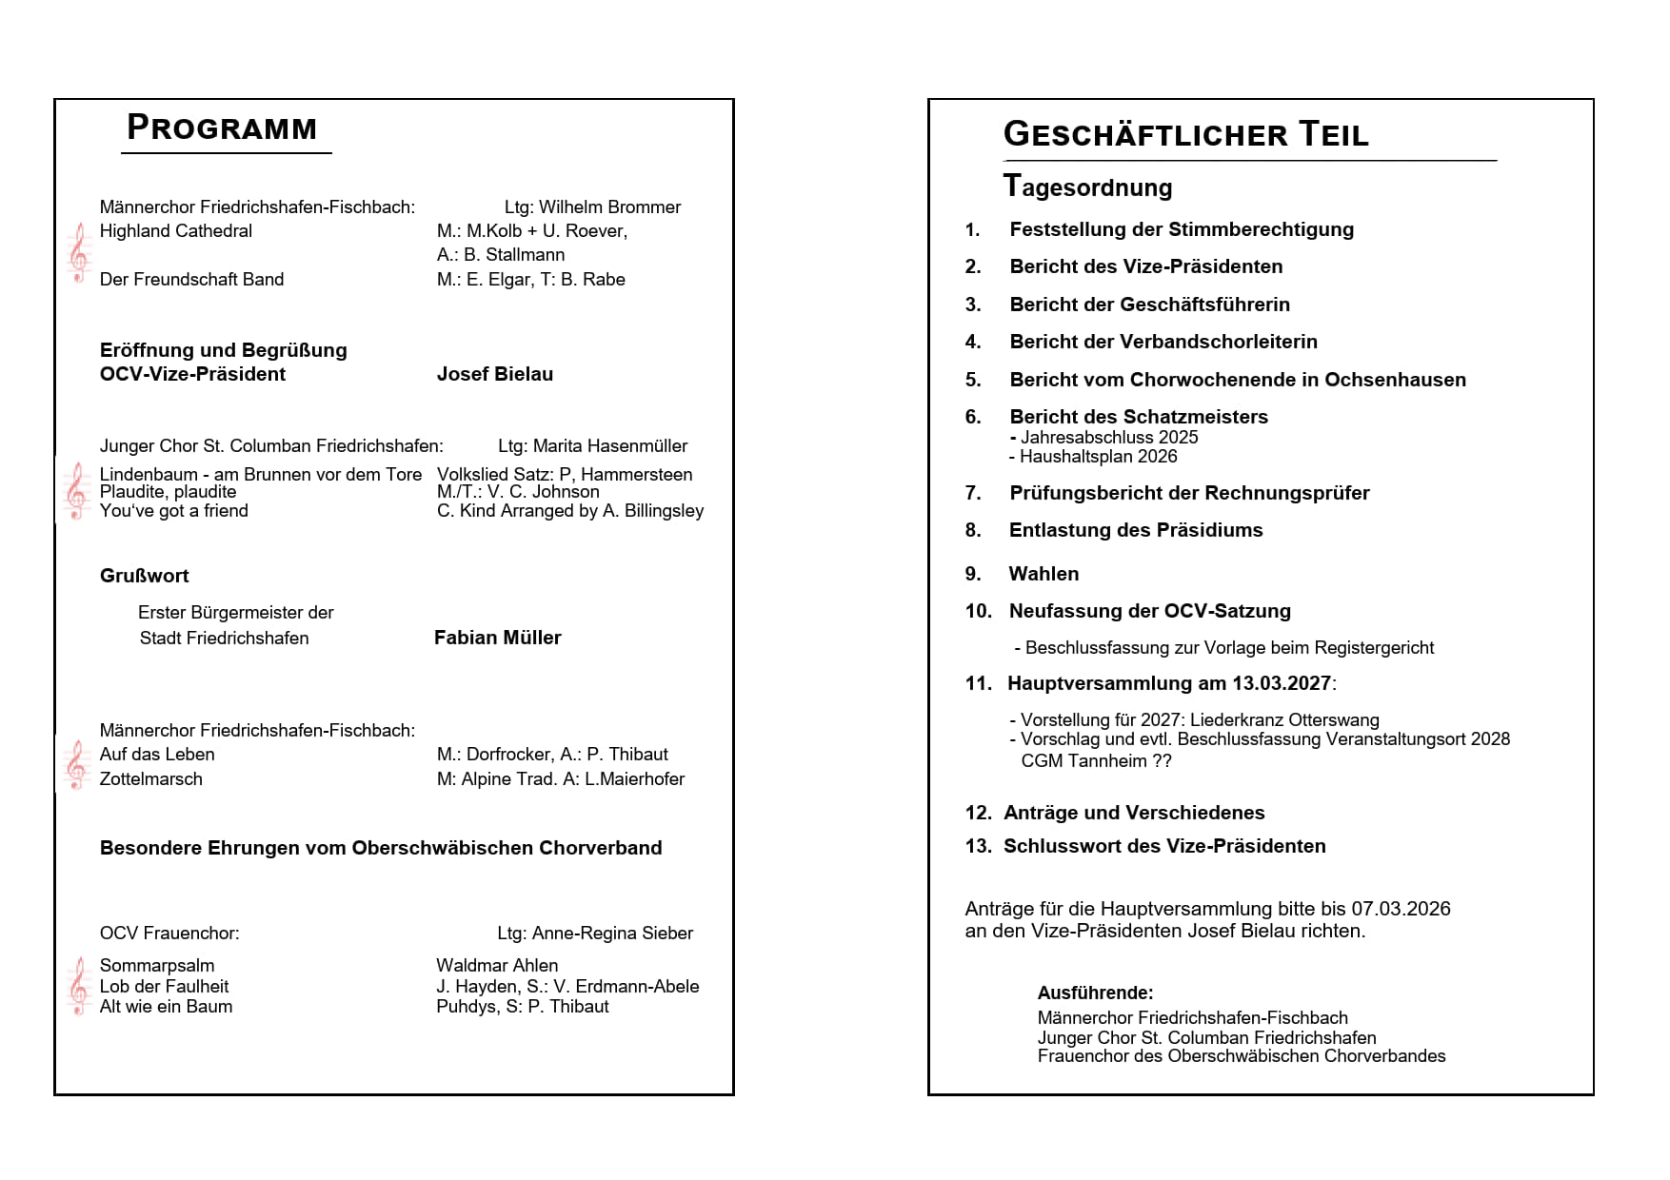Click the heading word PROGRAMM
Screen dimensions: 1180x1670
tap(222, 128)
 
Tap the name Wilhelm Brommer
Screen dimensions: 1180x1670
tap(609, 207)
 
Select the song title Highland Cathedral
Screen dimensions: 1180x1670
tap(176, 231)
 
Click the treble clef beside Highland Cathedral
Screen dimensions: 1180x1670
tap(79, 253)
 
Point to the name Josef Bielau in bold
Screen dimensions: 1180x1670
tap(495, 374)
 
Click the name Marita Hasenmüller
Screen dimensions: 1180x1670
tap(609, 446)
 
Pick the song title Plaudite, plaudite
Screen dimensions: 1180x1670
tap(169, 492)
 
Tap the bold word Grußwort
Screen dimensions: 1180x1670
tap(145, 576)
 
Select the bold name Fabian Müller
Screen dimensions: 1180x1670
tap(498, 638)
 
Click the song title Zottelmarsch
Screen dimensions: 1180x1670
tap(151, 779)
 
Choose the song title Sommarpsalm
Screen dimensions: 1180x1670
tap(157, 966)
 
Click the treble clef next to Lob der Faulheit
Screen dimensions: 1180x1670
tap(79, 986)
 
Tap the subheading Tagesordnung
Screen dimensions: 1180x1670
tap(1087, 187)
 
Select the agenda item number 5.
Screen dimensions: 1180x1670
tap(973, 380)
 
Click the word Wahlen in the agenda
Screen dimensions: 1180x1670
tap(1044, 574)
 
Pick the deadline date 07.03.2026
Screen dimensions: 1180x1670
tap(1401, 909)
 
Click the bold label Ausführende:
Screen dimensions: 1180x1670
tap(1095, 993)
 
